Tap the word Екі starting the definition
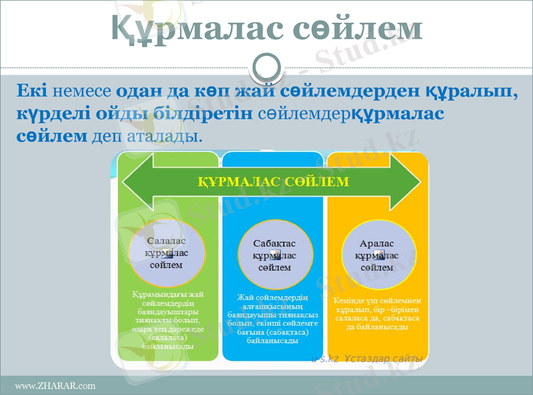(31, 90)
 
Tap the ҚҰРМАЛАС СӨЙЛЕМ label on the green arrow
(273, 181)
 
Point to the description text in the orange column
(376, 314)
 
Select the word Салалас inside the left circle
(168, 240)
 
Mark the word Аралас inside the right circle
(377, 244)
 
